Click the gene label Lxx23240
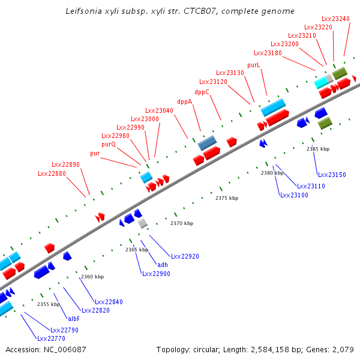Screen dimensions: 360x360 tap(335, 19)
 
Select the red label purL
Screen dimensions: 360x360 tap(254, 65)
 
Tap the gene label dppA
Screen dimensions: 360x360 tap(185, 101)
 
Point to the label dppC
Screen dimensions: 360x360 tap(202, 92)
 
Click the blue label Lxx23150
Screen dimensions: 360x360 tap(332, 175)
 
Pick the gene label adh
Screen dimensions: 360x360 tap(162, 265)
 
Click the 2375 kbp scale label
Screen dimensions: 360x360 tap(227, 198)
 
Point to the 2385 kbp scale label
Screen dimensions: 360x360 tap(318, 149)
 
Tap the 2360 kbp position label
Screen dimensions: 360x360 tap(92, 277)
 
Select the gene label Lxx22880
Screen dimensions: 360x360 tap(52, 173)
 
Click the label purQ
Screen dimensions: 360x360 tap(109, 144)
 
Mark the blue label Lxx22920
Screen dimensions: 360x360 tap(185, 256)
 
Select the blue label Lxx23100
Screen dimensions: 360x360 tap(294, 195)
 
